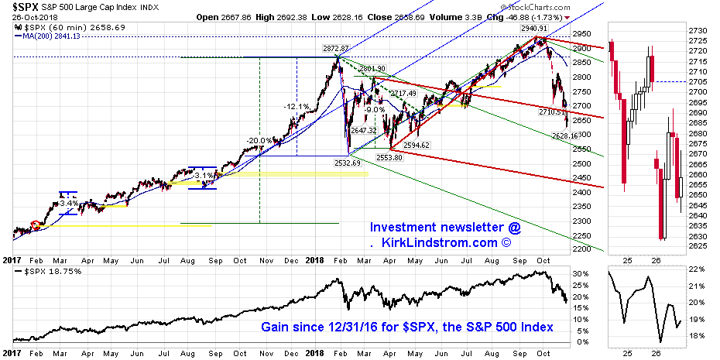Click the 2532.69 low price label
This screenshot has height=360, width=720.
click(347, 163)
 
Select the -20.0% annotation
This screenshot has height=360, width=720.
click(259, 140)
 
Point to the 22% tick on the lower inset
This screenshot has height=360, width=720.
click(697, 269)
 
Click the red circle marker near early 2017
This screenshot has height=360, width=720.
click(34, 225)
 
